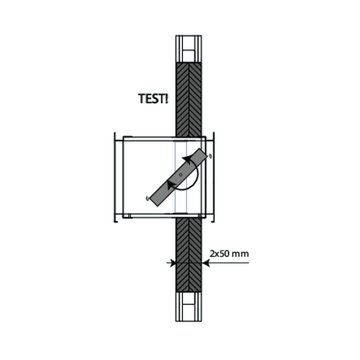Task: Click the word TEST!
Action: (x=153, y=99)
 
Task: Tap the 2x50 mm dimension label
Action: (x=229, y=254)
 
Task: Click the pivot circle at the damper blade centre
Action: (x=181, y=175)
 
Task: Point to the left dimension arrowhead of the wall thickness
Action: (x=173, y=263)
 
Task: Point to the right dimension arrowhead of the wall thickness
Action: (x=205, y=263)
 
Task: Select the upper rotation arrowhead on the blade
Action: (x=187, y=159)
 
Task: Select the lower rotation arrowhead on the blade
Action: (x=171, y=185)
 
